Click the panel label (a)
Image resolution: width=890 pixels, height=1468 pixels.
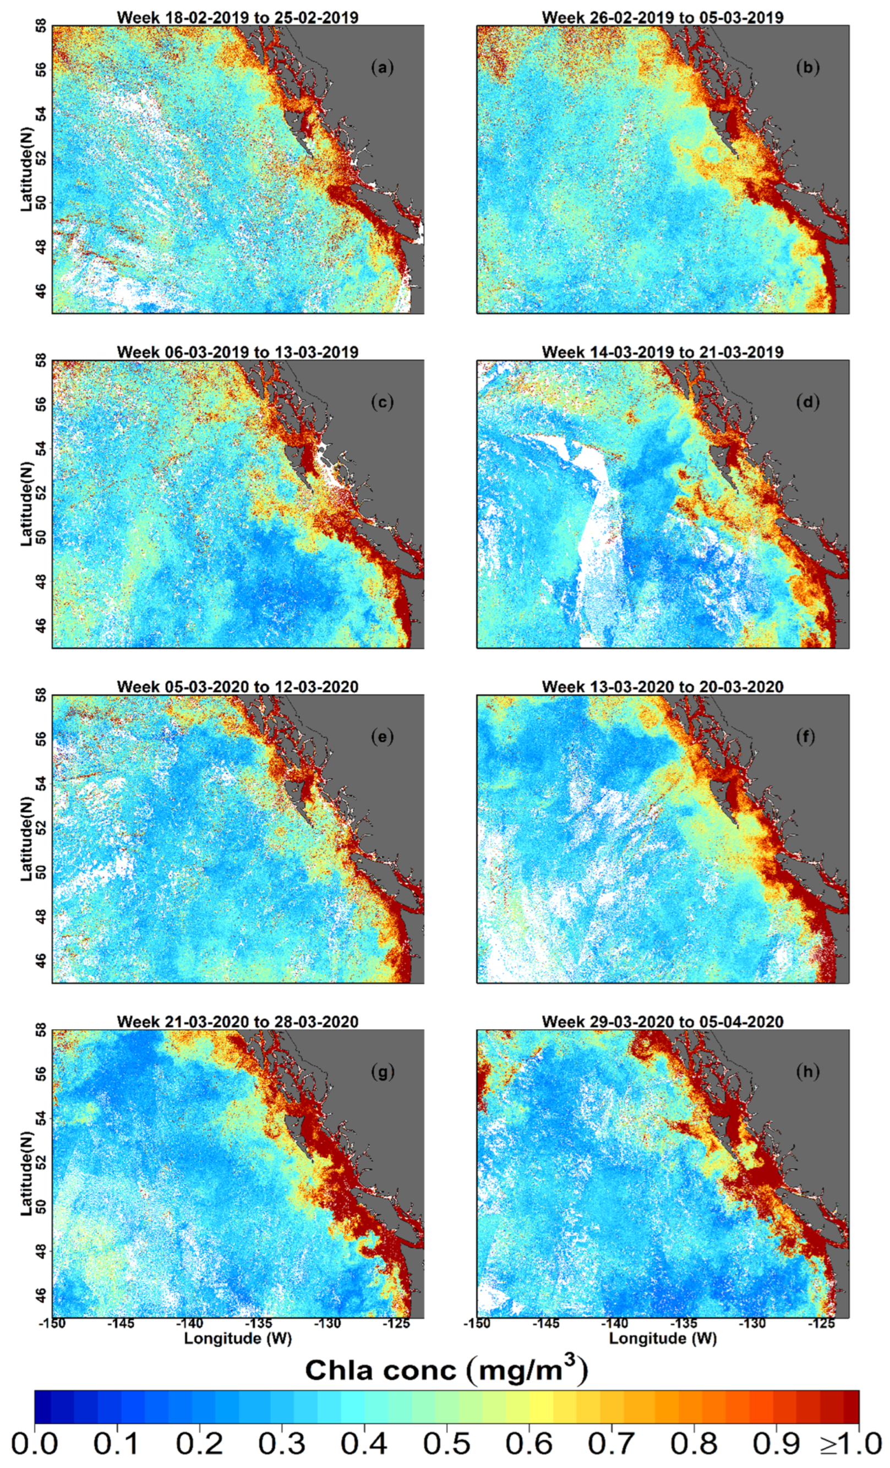(382, 68)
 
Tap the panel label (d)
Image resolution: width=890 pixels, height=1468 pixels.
(807, 403)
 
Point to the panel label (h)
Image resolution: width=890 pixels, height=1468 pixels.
(807, 1073)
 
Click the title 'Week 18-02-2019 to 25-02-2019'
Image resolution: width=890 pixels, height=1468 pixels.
(238, 17)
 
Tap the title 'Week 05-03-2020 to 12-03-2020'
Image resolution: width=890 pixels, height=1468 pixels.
(238, 687)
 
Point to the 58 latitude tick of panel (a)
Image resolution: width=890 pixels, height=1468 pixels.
(41, 28)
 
